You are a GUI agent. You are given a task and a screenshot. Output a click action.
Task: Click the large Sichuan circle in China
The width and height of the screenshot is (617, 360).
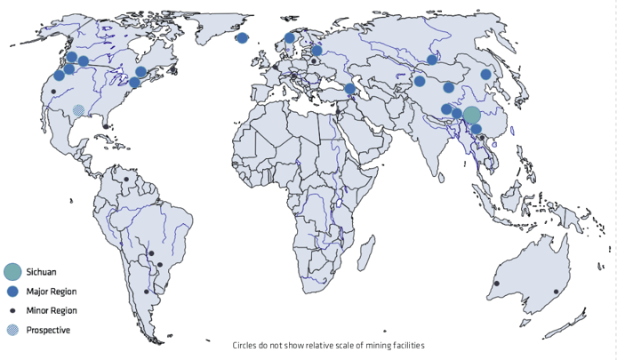click(x=472, y=115)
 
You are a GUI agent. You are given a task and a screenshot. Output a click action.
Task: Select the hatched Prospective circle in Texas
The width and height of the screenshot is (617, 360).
click(x=78, y=110)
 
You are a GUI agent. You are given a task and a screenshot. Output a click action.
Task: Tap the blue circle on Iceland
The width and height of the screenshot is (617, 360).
click(x=242, y=37)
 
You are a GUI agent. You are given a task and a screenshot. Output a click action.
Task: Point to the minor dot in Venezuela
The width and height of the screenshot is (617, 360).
click(x=126, y=180)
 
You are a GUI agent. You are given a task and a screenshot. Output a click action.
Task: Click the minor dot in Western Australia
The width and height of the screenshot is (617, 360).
click(x=496, y=284)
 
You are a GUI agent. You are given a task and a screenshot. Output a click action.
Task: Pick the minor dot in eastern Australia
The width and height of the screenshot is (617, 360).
click(x=557, y=292)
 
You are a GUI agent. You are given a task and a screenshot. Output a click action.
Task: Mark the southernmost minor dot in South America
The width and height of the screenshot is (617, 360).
click(x=147, y=292)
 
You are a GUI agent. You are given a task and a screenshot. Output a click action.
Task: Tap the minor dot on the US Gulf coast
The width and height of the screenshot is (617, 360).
click(x=106, y=127)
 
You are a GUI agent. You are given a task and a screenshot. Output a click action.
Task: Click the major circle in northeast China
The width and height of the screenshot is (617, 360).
click(x=486, y=75)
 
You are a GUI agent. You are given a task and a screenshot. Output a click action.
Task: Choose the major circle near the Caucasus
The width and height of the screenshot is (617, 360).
click(x=350, y=89)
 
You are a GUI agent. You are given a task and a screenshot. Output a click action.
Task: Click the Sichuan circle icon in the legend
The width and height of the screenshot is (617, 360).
click(x=12, y=271)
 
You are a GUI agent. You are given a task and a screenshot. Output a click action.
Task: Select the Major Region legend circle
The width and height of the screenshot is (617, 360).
click(x=12, y=292)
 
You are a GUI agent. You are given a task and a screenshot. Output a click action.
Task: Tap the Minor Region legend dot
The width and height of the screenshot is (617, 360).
click(x=12, y=310)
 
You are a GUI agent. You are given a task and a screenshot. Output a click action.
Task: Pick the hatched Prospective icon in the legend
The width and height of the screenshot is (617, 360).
click(x=12, y=330)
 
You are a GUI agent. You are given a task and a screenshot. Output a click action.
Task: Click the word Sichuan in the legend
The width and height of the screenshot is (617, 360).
click(x=41, y=271)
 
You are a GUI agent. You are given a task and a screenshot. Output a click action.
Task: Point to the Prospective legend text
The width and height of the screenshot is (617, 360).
click(x=48, y=330)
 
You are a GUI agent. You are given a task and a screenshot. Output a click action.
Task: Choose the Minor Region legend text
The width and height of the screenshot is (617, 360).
click(x=52, y=310)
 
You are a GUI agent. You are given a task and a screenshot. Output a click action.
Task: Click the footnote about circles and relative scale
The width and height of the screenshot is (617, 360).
click(x=328, y=345)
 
